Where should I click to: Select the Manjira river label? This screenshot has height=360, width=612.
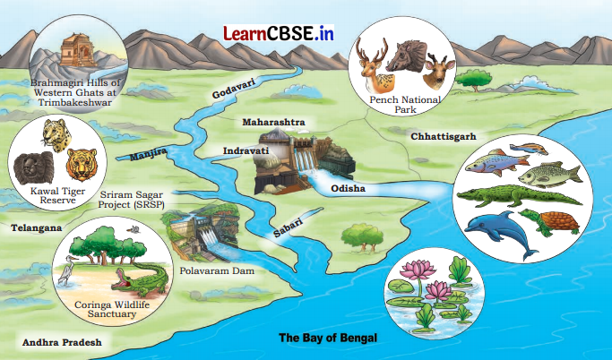click(149, 157)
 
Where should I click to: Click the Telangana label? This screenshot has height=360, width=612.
click(36, 228)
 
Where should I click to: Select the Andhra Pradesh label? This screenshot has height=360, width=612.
click(62, 342)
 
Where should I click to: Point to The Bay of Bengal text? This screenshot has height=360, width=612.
click(328, 338)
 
